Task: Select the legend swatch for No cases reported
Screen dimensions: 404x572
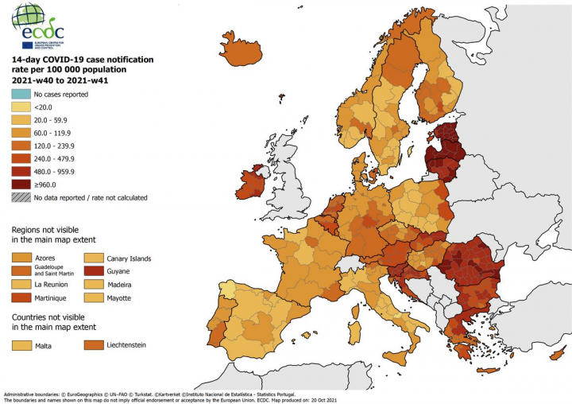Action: coord(20,95)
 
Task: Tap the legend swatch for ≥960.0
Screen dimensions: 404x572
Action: coord(20,184)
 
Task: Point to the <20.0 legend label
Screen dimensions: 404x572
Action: coord(43,107)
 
